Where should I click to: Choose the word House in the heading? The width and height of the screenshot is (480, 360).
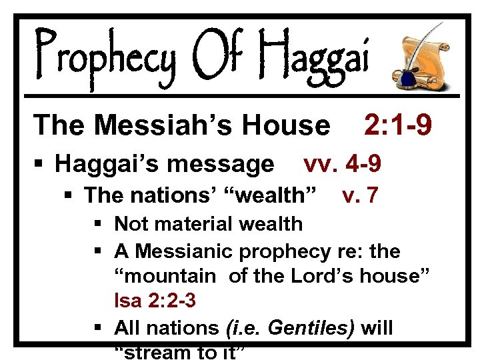click(x=292, y=125)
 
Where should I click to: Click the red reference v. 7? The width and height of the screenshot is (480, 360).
click(x=360, y=195)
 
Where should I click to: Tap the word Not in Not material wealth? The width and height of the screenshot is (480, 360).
click(x=130, y=224)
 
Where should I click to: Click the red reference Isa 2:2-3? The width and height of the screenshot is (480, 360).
click(x=155, y=301)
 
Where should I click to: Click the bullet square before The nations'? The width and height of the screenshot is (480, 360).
click(x=69, y=196)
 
